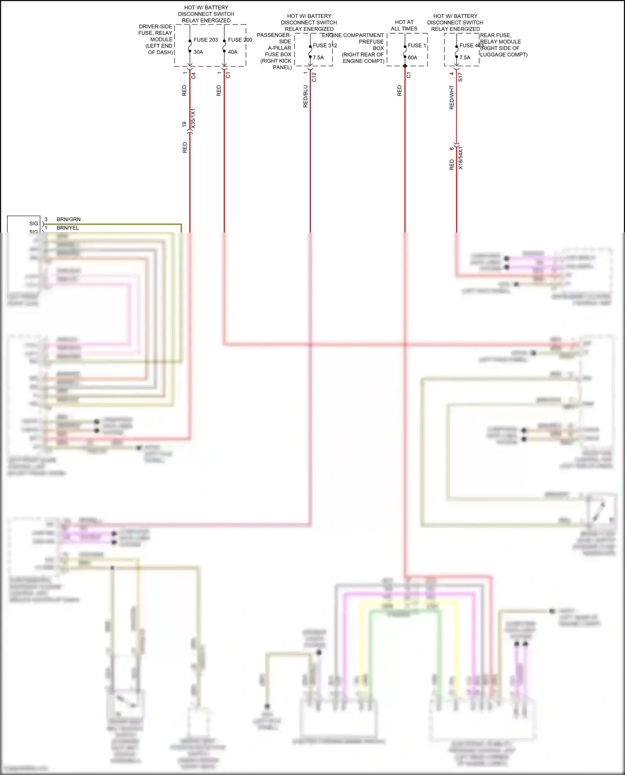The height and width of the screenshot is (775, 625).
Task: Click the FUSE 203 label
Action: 205,40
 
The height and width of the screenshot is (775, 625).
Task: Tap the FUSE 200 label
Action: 240,40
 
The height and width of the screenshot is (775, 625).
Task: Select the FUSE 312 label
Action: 325,45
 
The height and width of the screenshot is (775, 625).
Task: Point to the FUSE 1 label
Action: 417,45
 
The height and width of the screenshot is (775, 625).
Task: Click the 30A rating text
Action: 198,52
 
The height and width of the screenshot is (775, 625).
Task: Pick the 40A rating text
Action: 232,52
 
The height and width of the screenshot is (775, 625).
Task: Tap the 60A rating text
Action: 412,57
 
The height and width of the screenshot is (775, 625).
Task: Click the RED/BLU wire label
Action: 305,96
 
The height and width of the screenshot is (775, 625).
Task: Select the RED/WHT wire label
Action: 452,97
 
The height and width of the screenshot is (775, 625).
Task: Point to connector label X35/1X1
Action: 193,119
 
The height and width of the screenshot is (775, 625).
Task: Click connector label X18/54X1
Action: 460,158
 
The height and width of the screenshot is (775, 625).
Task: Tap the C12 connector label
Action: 314,77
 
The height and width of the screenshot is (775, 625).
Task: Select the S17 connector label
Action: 460,77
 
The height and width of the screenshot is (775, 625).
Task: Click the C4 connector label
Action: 193,76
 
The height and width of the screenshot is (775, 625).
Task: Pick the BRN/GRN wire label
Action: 69,219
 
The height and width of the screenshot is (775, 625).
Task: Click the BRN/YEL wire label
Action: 67,228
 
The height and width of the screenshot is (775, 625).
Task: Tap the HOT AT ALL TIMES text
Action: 404,25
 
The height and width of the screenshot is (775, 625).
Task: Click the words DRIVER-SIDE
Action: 155,27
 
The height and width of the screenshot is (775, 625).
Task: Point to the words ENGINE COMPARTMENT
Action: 353,35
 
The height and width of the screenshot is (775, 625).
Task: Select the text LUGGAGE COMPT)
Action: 504,55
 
